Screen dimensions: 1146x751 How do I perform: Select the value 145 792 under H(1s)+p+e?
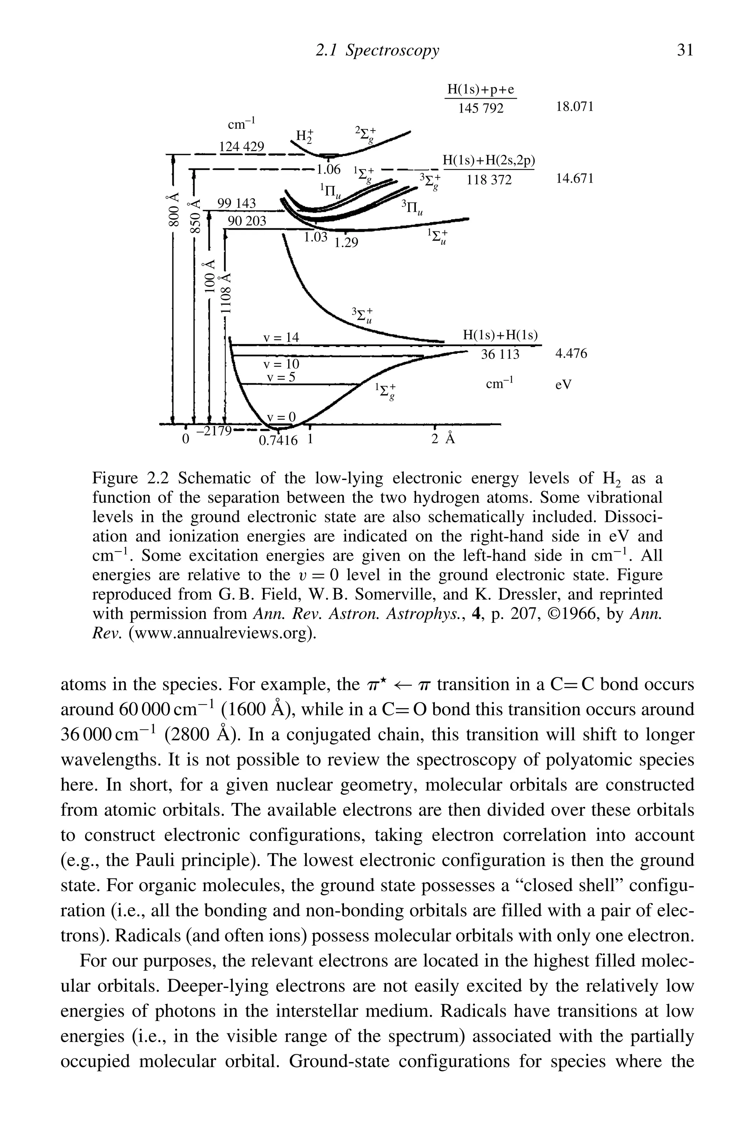pos(480,108)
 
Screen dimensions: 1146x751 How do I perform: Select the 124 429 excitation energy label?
pos(242,146)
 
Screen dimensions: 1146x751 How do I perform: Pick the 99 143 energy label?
pos(237,203)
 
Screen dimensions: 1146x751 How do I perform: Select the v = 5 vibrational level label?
pos(281,377)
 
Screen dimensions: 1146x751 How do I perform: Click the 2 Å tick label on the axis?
pos(442,439)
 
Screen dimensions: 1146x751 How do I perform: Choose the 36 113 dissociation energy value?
pos(501,354)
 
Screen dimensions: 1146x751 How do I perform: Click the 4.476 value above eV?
pos(571,354)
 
